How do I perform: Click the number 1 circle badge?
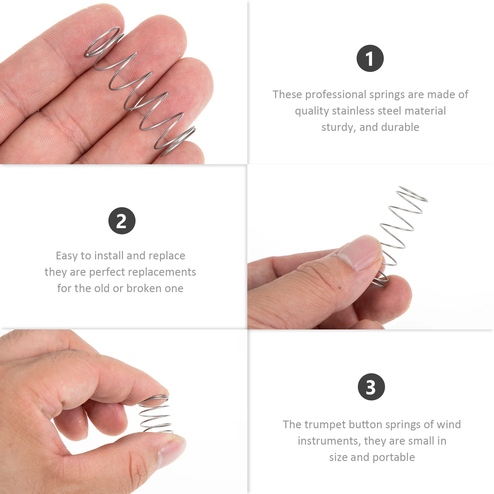(370, 58)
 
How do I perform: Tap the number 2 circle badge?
(122, 221)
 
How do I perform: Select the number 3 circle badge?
(371, 387)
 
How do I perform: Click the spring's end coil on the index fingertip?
(103, 42)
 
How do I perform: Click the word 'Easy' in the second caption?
(67, 256)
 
